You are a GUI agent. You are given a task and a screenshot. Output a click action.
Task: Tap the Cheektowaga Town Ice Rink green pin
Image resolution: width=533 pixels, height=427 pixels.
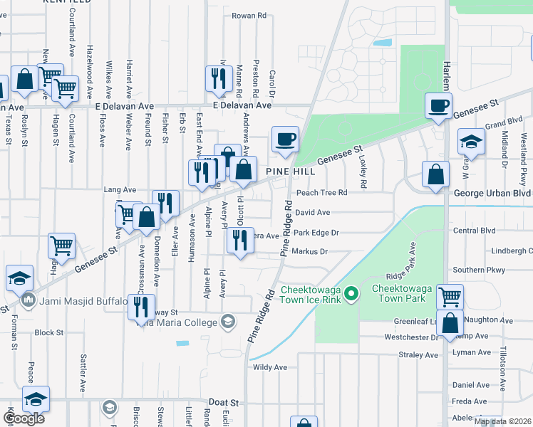coord(351,293)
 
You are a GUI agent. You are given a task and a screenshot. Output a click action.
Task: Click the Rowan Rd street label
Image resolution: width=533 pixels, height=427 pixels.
coord(249,15)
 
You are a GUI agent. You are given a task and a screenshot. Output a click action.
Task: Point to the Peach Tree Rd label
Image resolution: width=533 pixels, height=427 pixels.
coord(321,192)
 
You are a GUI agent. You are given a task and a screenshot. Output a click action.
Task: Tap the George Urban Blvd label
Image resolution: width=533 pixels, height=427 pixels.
coord(492,194)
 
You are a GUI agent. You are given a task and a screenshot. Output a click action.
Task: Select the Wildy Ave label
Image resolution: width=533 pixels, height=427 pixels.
coord(270,367)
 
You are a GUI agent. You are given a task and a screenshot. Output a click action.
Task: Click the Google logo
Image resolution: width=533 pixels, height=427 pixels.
coord(23,418)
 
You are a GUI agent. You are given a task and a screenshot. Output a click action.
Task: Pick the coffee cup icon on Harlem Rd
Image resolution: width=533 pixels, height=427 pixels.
coord(438,106)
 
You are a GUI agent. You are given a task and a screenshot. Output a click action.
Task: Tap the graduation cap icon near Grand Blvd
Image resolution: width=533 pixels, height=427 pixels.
coord(471,141)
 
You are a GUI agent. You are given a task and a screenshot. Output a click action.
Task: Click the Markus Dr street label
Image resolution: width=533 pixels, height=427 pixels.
coord(309,251)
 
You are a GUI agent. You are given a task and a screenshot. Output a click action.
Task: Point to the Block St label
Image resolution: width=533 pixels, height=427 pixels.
coord(49,332)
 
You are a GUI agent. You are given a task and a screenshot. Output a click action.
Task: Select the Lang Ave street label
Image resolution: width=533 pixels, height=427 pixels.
coord(120,190)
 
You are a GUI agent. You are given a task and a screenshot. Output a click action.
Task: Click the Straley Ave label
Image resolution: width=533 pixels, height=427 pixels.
coord(420,354)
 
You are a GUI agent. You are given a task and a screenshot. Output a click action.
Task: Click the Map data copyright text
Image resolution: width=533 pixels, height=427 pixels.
coord(503,421)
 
